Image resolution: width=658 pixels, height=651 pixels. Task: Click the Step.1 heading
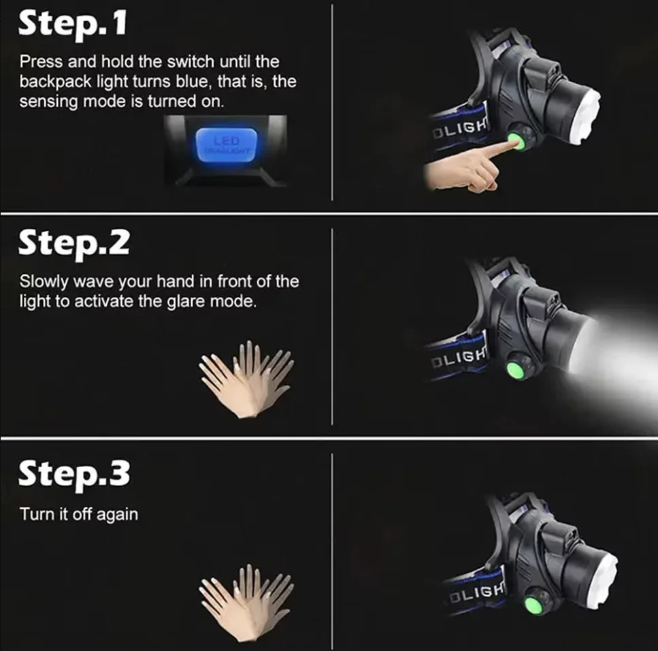tap(71, 25)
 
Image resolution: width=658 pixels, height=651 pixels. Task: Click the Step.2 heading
tap(73, 242)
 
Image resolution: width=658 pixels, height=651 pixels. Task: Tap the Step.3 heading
tap(73, 473)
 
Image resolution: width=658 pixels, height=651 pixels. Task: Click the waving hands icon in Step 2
tap(246, 379)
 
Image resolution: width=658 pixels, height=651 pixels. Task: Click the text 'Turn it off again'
tap(79, 514)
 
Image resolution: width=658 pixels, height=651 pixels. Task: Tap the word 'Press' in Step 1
tap(40, 61)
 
